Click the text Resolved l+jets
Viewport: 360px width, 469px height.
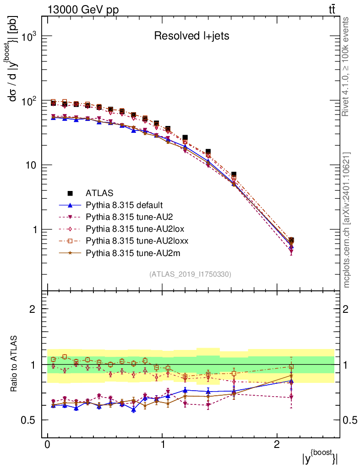click(x=191, y=36)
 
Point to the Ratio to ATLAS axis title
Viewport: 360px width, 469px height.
click(x=15, y=364)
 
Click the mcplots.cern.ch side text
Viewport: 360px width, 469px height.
click(x=347, y=220)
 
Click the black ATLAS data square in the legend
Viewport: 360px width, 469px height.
click(x=71, y=193)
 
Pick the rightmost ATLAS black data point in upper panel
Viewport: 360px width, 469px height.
click(x=291, y=240)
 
